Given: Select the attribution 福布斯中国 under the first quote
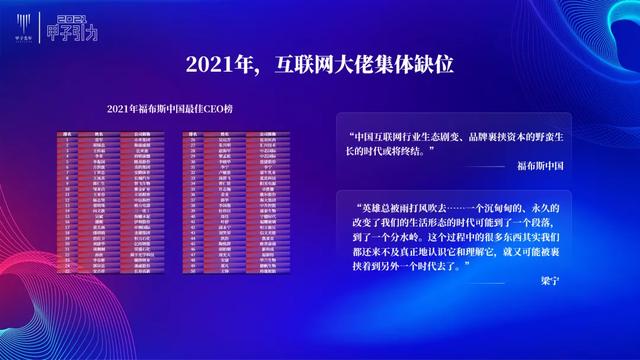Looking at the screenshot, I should (541, 166).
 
